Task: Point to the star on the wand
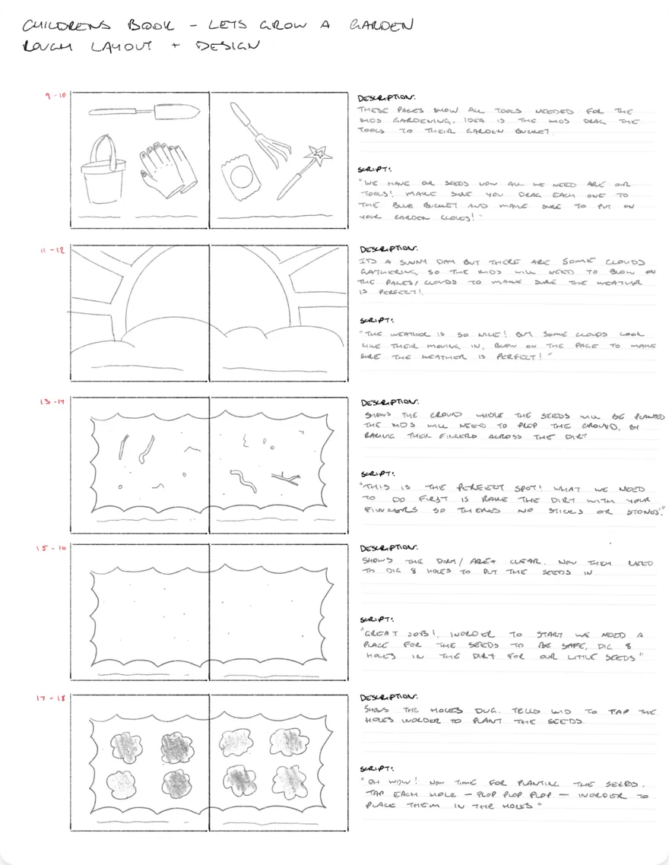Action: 323,157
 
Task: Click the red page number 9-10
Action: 55,97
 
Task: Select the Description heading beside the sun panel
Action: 388,249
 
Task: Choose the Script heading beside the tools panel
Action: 376,169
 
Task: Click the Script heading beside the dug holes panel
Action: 378,768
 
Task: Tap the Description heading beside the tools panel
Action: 386,97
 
